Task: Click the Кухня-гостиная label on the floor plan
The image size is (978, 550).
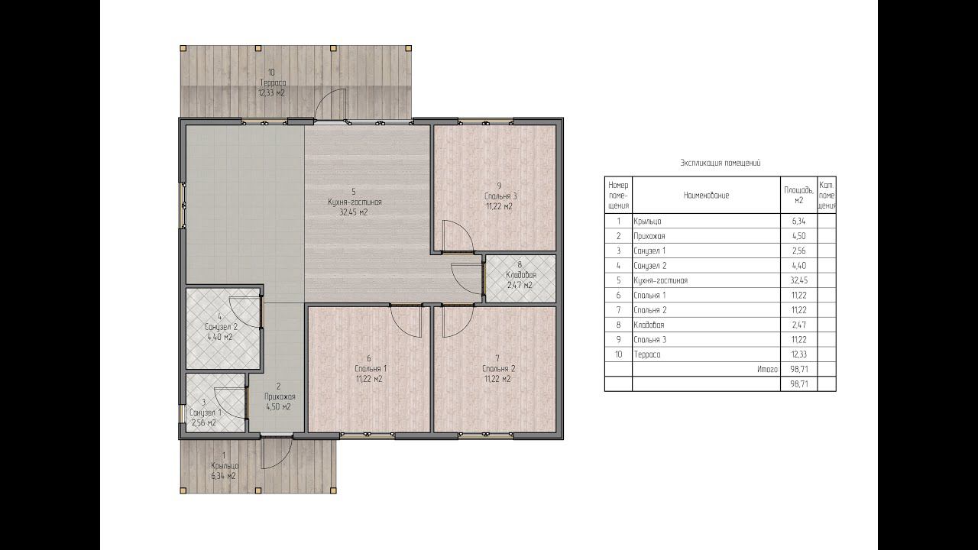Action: [355, 202]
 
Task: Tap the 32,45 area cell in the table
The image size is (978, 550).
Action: [798, 280]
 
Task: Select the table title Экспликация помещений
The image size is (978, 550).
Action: [721, 163]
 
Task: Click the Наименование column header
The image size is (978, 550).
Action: [706, 195]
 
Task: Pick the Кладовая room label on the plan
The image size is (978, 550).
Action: [521, 275]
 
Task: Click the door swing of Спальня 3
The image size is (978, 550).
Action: [458, 237]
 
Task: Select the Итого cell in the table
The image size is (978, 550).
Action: [768, 369]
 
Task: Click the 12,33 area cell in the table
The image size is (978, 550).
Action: [798, 354]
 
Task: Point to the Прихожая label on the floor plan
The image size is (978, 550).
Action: [280, 396]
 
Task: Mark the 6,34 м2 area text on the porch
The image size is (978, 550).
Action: [223, 476]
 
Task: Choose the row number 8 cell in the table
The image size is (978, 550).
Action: [618, 325]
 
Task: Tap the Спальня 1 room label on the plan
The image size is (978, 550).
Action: [371, 368]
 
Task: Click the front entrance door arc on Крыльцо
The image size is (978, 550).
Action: [277, 453]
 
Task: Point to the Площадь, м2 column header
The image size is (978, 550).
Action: [798, 195]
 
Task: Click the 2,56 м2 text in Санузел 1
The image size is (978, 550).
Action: [203, 423]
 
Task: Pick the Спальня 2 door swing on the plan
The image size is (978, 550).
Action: [458, 322]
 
